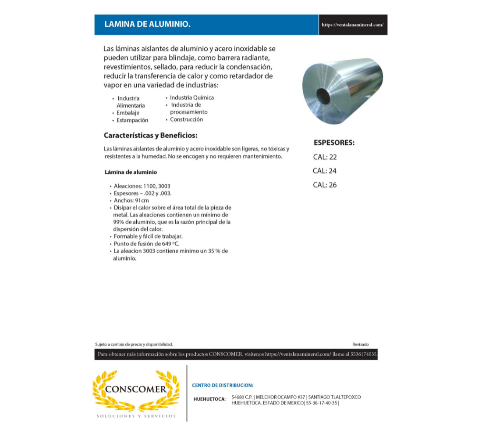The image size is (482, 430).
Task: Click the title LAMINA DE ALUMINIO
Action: [x=147, y=25]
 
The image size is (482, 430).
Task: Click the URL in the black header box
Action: [x=352, y=25]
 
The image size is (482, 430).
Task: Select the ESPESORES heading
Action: [x=334, y=143]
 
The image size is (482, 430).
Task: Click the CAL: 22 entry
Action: [x=325, y=157]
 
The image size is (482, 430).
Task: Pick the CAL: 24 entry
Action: [x=325, y=171]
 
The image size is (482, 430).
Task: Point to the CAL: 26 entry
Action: [x=325, y=185]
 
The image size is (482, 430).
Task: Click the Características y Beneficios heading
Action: [x=151, y=135]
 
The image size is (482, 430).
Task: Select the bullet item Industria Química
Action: [x=192, y=98]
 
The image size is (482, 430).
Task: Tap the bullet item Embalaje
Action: [x=128, y=113]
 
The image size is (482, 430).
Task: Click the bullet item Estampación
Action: [x=132, y=120]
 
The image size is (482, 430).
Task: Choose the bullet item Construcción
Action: [x=186, y=119]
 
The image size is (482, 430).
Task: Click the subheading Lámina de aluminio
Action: [x=131, y=172]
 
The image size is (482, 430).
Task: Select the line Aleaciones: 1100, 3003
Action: [x=142, y=186]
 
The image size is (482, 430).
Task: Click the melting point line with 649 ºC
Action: [x=146, y=244]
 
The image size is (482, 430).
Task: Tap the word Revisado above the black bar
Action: [x=361, y=344]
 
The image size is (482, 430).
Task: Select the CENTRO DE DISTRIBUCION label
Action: [x=222, y=385]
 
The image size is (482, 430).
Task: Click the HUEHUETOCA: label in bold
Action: [x=209, y=399]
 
